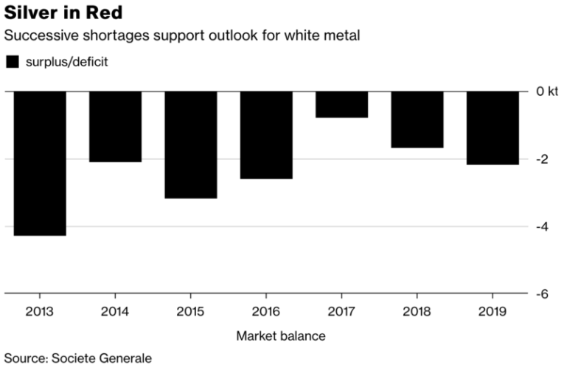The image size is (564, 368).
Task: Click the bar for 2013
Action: pos(40,163)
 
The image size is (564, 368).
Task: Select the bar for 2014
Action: pos(115,126)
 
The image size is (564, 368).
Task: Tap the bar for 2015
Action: pos(190,145)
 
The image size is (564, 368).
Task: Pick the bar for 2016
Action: pos(266,135)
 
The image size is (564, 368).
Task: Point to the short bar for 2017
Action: pos(341,105)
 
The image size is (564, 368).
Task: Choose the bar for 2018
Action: pos(417,119)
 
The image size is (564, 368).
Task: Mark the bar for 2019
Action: pos(492,128)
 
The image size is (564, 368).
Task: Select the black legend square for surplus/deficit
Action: pos(12,62)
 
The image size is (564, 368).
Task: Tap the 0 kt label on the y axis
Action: pos(547,92)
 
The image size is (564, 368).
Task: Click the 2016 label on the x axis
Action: pos(266,311)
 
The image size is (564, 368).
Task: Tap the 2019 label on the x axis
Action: pos(492,311)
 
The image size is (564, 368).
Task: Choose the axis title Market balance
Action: pos(280,336)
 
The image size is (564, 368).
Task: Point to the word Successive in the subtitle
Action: pos(35,35)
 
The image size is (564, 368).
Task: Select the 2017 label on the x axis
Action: pos(341,311)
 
